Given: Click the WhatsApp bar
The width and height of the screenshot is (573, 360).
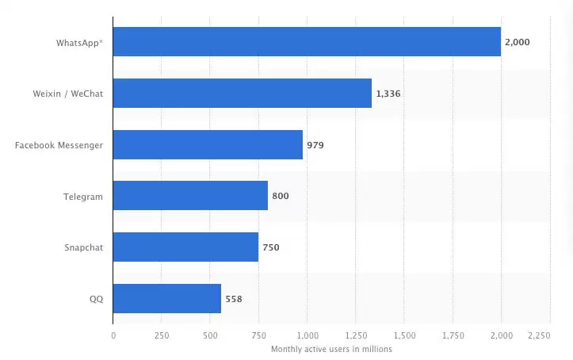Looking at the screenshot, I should (x=307, y=42).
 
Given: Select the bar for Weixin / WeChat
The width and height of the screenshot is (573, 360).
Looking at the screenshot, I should (x=242, y=94).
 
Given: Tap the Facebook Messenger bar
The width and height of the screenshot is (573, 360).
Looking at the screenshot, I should (x=208, y=145).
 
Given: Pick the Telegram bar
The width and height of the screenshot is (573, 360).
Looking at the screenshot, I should (x=190, y=196).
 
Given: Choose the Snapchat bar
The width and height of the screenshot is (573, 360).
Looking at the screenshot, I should (x=185, y=247).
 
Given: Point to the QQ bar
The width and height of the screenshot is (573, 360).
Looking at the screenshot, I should (x=166, y=298).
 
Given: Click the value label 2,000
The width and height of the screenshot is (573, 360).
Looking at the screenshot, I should (x=519, y=42).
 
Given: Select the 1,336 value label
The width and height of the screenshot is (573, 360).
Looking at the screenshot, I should (x=389, y=94).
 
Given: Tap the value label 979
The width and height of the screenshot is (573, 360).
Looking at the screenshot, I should (x=315, y=145).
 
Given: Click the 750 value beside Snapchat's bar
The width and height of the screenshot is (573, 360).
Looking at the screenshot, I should (x=271, y=247).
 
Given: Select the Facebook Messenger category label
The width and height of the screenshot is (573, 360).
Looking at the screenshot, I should (x=59, y=145).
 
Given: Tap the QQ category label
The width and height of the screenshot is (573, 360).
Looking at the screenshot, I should (x=96, y=299).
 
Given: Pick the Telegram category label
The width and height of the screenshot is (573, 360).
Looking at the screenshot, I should (x=84, y=196).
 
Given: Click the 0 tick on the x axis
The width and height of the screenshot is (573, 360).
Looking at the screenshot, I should (x=113, y=336).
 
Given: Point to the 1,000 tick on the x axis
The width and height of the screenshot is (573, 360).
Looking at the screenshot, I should (x=308, y=336).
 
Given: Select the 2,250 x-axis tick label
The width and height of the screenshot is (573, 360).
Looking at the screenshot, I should (x=540, y=336).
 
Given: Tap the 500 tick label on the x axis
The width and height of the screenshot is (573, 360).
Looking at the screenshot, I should (x=210, y=336).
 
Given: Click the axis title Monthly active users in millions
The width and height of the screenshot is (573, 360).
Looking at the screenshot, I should (x=331, y=349).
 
